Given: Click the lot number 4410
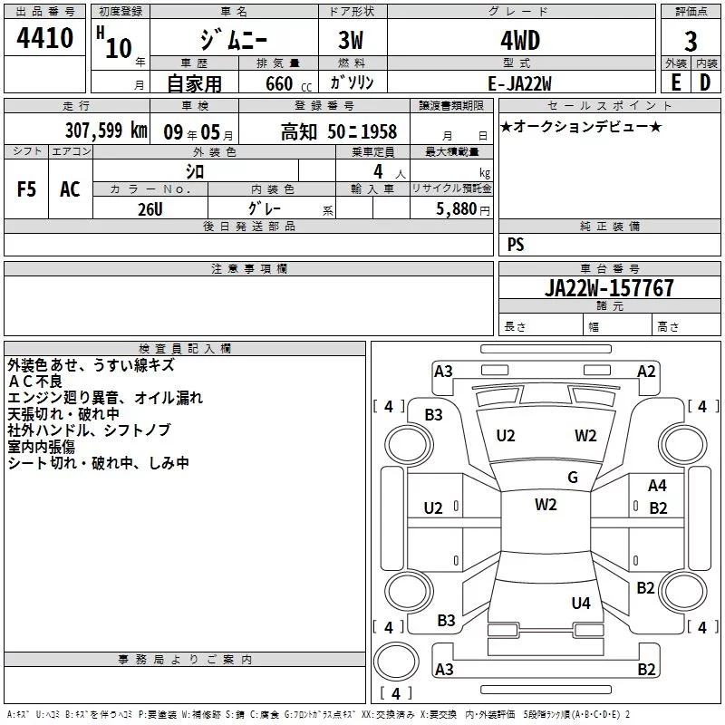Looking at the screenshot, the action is coord(44,37).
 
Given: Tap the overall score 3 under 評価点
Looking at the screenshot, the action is coord(691,41).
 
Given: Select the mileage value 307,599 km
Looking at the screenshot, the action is coord(106,130).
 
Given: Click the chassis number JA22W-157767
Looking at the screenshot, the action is coord(609,287).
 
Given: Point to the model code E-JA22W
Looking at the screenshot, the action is coord(519,83).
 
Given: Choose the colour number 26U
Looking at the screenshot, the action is coord(150,209).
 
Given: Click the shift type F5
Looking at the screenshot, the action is coord(26,189).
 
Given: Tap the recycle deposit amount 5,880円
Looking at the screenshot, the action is coord(463,209).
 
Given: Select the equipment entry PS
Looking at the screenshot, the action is coord(516,244).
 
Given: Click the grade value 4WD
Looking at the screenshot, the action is coord(520,41).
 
